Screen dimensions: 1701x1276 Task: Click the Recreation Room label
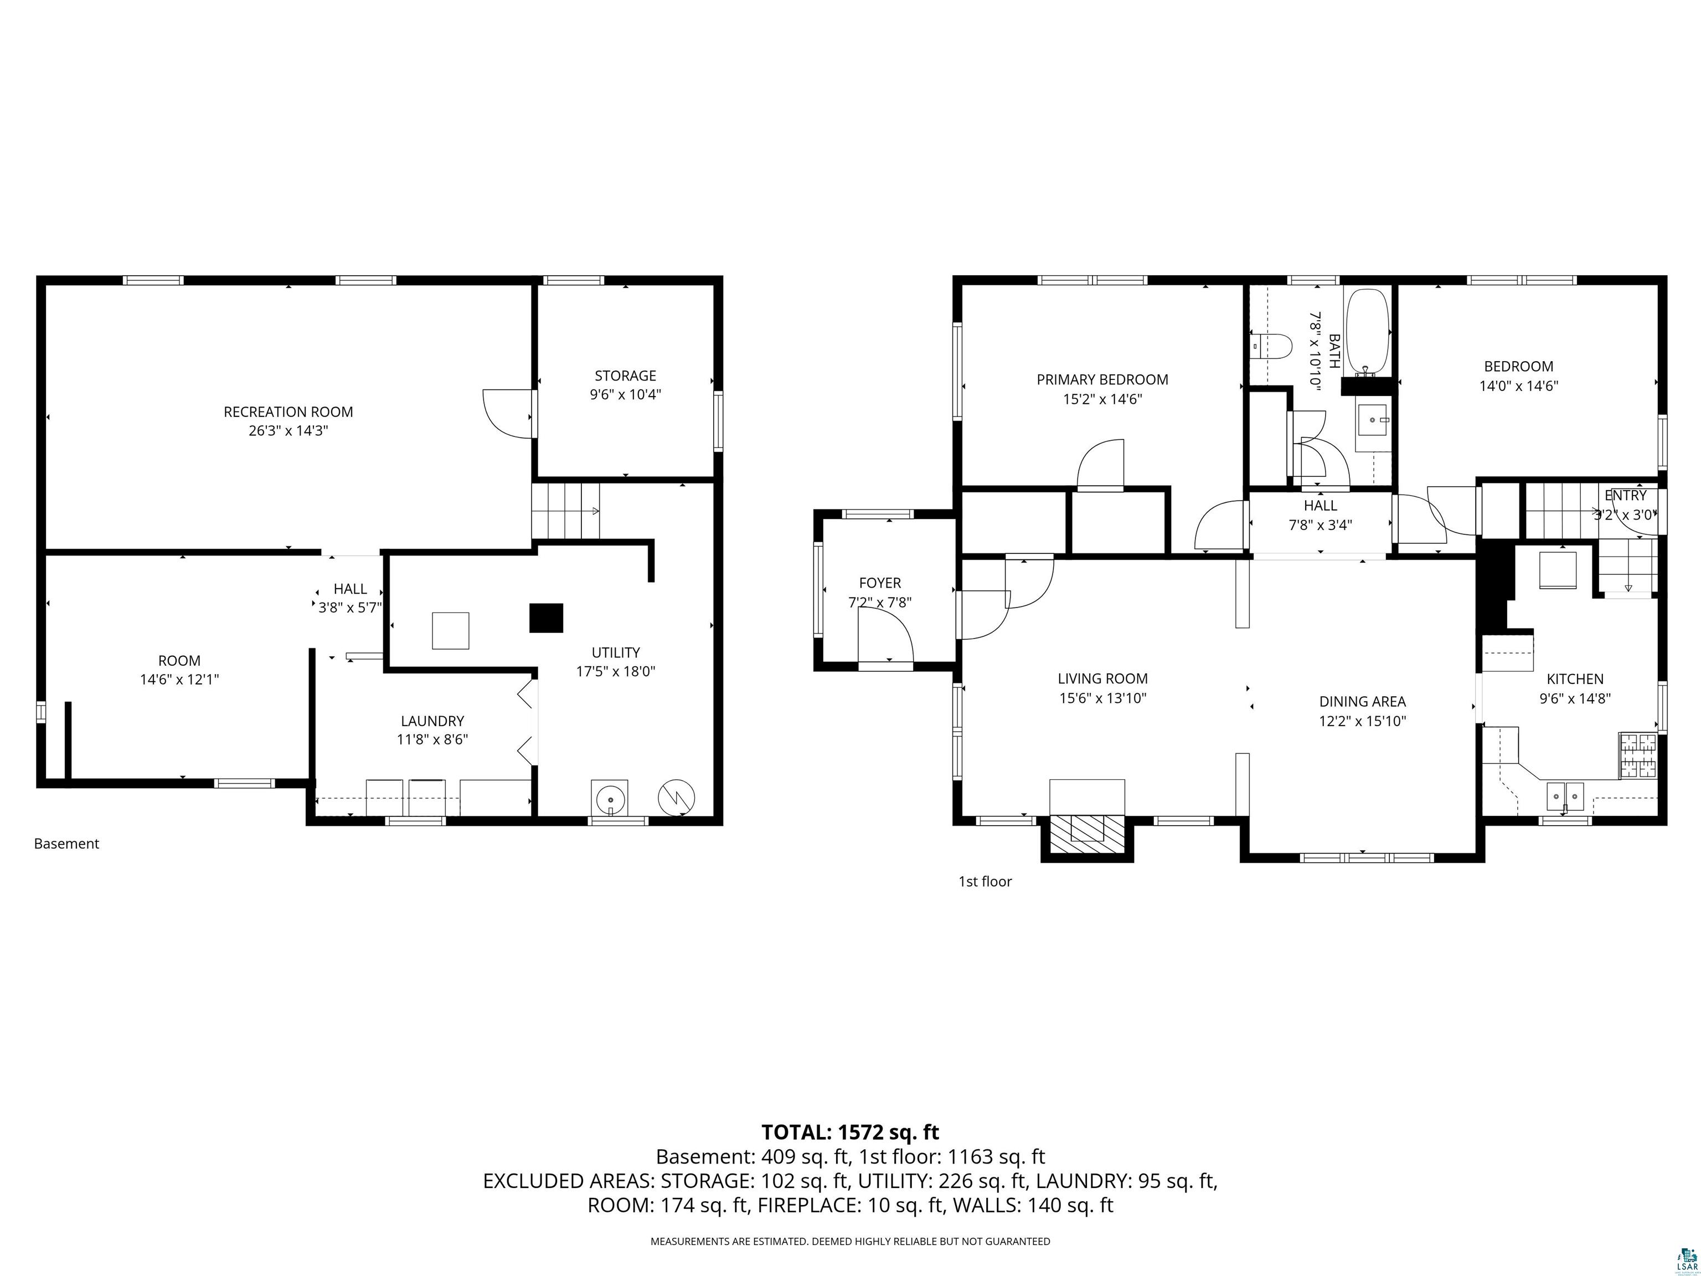[288, 411]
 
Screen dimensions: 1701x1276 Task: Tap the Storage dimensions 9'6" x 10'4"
[625, 394]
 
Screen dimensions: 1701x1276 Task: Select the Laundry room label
[432, 721]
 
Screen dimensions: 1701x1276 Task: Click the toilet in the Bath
[1270, 347]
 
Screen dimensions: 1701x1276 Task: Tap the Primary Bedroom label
[1102, 379]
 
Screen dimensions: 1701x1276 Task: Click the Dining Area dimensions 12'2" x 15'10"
[1363, 721]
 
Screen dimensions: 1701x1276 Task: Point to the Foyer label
[880, 583]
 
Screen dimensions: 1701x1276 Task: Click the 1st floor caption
[985, 882]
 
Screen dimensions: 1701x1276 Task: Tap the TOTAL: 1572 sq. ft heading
[850, 1132]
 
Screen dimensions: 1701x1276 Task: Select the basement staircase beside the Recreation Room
[566, 511]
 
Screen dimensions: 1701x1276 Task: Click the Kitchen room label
[1575, 679]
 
